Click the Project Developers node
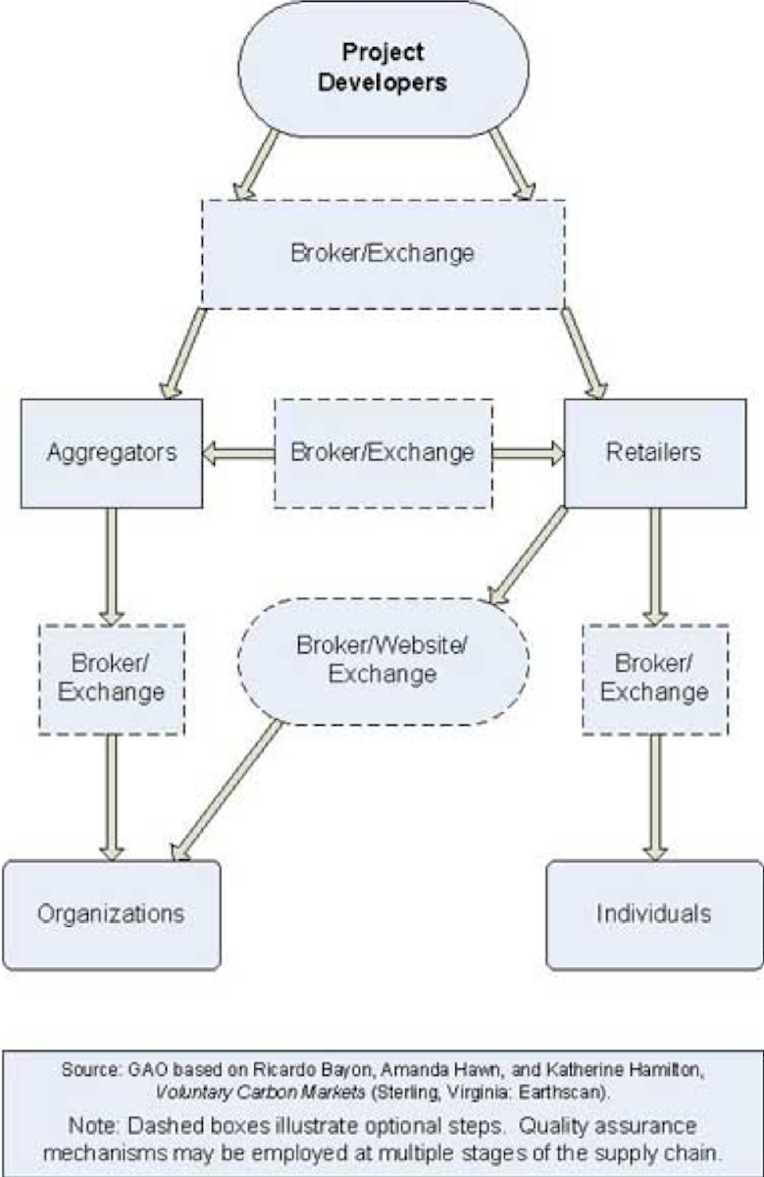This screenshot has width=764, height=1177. tap(382, 69)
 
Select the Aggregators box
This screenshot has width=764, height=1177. tap(111, 452)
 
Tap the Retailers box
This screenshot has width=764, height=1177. tap(654, 452)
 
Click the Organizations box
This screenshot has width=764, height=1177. tap(111, 914)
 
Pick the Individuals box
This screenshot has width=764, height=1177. tap(654, 914)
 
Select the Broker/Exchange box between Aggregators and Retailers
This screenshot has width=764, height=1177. tap(382, 452)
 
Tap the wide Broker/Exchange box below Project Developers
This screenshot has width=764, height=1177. tap(382, 253)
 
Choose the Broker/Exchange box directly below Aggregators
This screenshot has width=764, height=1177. tap(111, 678)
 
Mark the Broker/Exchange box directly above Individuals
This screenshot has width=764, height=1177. tap(654, 678)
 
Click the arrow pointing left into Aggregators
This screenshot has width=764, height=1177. tap(237, 452)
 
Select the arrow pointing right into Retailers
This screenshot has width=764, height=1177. tap(529, 452)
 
